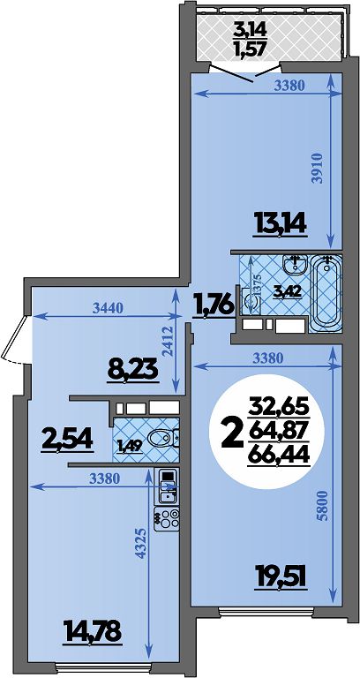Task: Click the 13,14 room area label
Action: click(x=281, y=224)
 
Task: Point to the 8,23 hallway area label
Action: click(x=132, y=371)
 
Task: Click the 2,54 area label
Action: click(x=68, y=441)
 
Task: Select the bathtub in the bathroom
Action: click(x=326, y=294)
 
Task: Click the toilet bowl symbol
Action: click(x=163, y=438)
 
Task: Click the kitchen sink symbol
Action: click(x=167, y=486)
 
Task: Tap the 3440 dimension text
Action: click(x=108, y=308)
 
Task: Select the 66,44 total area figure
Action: click(x=278, y=454)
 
